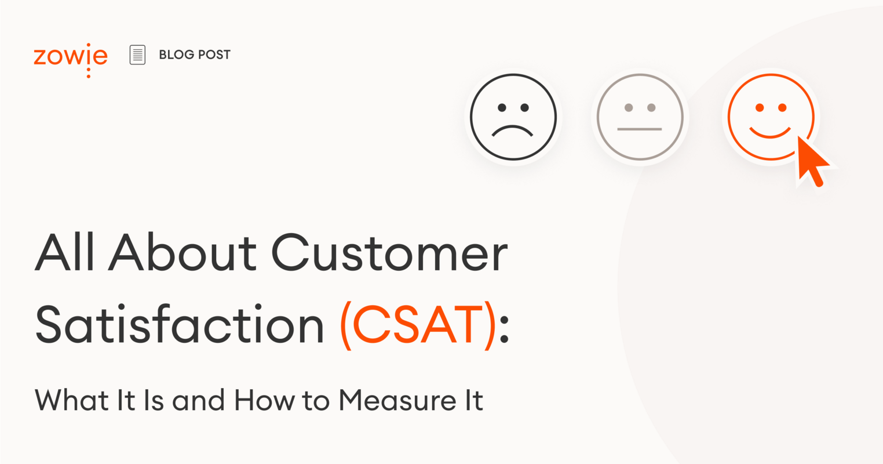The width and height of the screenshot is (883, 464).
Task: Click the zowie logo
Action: [x=70, y=57]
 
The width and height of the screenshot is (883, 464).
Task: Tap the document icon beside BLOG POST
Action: [x=137, y=55]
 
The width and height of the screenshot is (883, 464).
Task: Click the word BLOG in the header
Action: [x=176, y=55]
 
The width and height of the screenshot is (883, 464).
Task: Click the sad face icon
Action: [x=513, y=117]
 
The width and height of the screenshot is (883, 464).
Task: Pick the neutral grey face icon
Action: [x=640, y=117]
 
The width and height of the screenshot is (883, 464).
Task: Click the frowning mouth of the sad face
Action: [x=513, y=131]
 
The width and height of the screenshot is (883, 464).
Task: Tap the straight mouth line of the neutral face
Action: [x=640, y=129]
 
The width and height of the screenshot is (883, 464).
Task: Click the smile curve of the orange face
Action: [x=770, y=133]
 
